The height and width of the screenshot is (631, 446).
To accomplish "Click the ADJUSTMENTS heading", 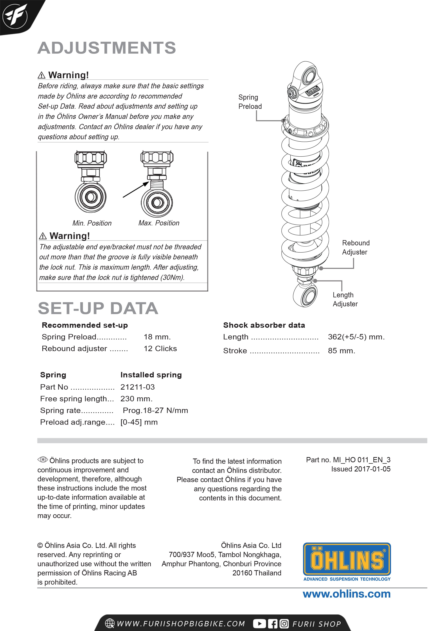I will click(x=107, y=48).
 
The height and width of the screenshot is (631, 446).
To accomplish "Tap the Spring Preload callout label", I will click(x=250, y=102).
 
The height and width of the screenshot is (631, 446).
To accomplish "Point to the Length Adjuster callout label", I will click(x=345, y=299).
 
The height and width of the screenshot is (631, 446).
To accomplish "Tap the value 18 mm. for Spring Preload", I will click(x=157, y=337).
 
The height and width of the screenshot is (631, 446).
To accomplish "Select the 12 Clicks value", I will click(x=160, y=348).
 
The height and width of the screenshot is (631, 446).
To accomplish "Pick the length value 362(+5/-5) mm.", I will click(x=356, y=337).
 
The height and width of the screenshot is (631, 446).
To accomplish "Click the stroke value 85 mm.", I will click(x=341, y=351).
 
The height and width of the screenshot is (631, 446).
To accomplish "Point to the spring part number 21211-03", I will click(x=137, y=387).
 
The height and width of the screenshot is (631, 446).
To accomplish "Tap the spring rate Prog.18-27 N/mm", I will click(x=155, y=410).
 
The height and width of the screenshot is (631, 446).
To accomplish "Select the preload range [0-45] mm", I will click(x=139, y=422).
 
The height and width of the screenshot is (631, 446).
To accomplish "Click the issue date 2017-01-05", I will click(x=372, y=469).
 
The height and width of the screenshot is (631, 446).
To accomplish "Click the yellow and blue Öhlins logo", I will click(x=347, y=560).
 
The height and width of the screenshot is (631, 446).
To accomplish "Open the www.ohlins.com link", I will click(x=347, y=594).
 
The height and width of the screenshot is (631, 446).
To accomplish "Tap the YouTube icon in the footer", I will click(x=259, y=624).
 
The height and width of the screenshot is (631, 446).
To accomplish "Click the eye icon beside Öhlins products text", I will click(x=43, y=460).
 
